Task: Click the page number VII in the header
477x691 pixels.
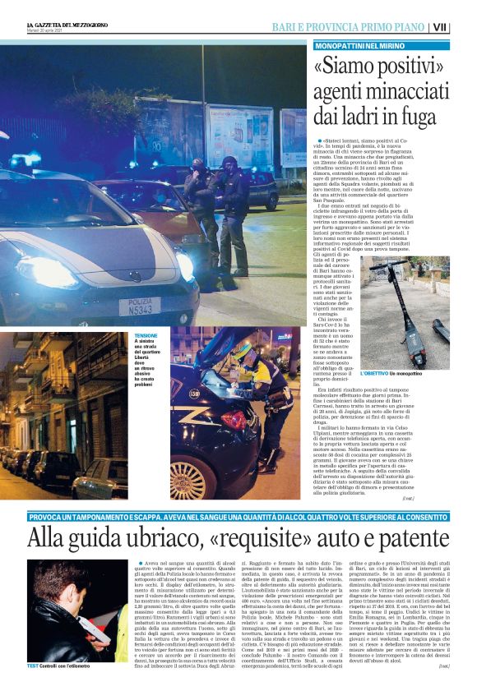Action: (463, 27)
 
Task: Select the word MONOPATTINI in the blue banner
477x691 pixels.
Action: (345, 46)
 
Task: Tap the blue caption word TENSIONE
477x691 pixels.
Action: (146, 336)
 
